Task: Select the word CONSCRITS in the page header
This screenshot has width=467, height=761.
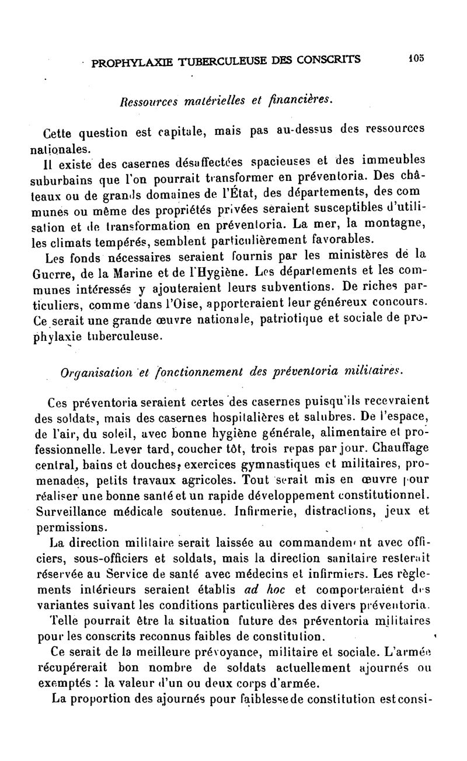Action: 328,59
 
